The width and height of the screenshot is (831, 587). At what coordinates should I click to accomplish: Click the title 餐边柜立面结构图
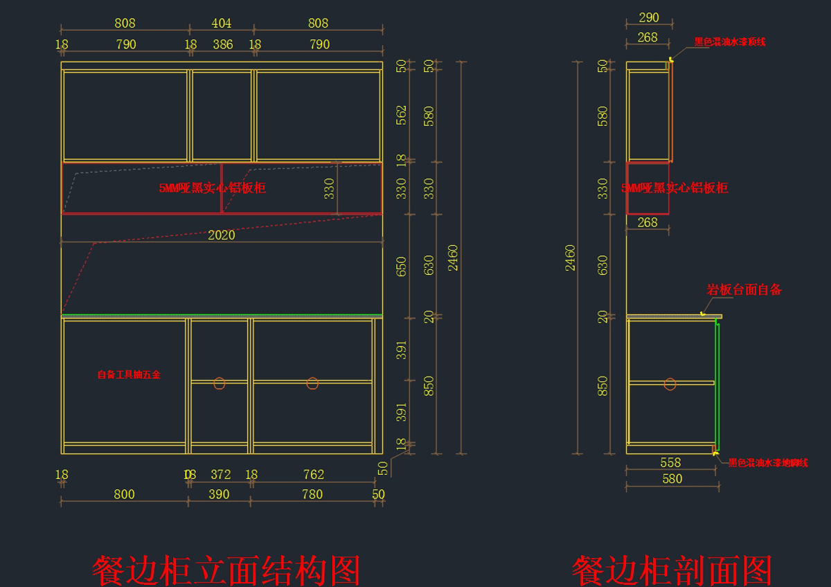tap(226, 570)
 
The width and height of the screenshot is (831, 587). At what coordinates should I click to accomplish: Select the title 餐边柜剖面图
tap(671, 570)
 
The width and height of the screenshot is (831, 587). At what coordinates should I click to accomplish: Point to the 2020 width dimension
tap(222, 235)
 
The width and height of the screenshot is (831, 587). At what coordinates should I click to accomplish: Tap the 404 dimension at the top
tap(221, 24)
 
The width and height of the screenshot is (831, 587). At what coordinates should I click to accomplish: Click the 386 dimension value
tap(222, 45)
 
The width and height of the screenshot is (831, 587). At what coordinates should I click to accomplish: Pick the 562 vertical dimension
tap(402, 116)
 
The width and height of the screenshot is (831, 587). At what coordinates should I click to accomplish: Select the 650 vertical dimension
tap(402, 267)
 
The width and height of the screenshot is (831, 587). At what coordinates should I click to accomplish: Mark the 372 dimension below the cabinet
tap(220, 475)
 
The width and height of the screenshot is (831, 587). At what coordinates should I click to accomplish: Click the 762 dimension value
tap(313, 475)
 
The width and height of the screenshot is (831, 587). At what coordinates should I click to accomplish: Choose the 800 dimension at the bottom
tap(124, 494)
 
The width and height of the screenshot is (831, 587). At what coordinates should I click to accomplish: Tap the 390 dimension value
tap(219, 494)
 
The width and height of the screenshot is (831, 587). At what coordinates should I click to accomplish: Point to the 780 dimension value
tap(312, 494)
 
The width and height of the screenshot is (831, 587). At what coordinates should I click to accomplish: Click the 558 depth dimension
tap(670, 462)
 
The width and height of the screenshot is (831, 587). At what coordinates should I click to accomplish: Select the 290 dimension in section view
tap(649, 18)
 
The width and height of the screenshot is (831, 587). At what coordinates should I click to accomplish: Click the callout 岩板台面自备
tap(744, 290)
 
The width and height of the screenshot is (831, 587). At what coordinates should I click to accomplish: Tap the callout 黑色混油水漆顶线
tap(730, 42)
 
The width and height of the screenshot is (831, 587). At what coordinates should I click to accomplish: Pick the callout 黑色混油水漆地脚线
tap(767, 463)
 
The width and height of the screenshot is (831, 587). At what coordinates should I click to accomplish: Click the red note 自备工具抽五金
tap(129, 374)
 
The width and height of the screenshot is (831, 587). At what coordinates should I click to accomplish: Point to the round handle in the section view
tap(670, 384)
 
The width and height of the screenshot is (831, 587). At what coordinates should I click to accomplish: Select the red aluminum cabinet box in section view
tap(647, 188)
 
